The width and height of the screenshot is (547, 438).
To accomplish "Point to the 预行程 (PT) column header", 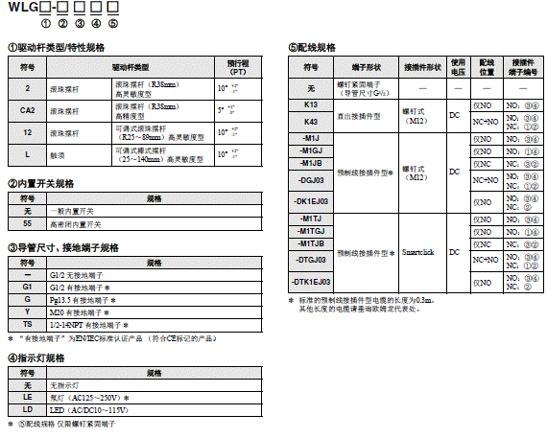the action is pyautogui.click(x=236, y=67).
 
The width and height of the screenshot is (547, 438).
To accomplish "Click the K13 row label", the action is pyautogui.click(x=310, y=103).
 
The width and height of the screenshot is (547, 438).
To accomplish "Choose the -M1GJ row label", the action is pyautogui.click(x=310, y=151).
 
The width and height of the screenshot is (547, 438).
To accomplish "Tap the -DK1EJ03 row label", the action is pyautogui.click(x=310, y=201).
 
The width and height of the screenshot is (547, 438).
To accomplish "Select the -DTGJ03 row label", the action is pyautogui.click(x=310, y=260).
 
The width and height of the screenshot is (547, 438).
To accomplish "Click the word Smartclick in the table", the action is pyautogui.click(x=416, y=252).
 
